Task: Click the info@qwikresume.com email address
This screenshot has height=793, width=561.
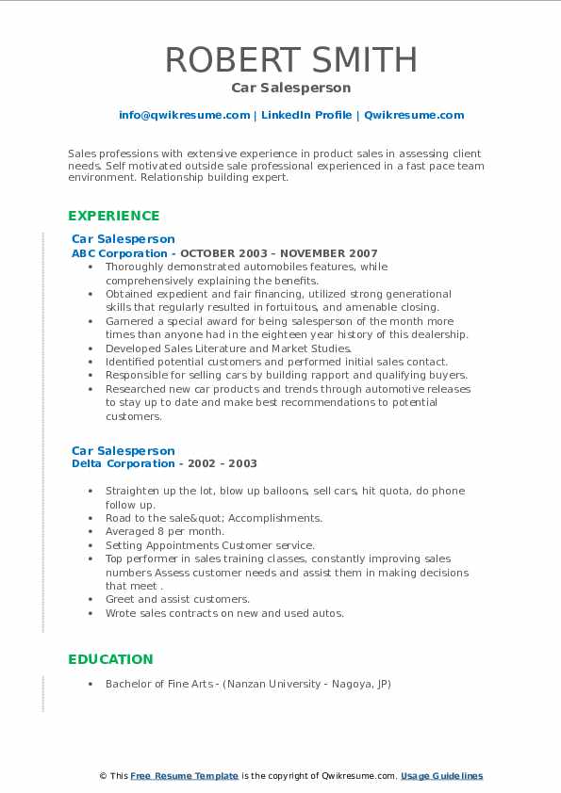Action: [184, 115]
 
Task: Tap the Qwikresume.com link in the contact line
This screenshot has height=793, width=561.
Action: [414, 115]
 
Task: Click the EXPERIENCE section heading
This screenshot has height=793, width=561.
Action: [114, 216]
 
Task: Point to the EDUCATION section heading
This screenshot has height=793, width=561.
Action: [110, 659]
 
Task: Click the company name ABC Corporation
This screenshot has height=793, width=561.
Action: [121, 253]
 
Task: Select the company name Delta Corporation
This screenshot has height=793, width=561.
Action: [124, 463]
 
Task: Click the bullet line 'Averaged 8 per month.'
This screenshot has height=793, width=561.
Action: [165, 531]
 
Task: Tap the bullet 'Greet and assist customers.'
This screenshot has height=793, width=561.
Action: [177, 599]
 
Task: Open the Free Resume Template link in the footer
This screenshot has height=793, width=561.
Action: [184, 776]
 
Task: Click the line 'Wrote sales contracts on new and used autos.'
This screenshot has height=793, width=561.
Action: [224, 613]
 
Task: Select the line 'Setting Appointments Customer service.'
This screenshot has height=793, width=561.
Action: [209, 545]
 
